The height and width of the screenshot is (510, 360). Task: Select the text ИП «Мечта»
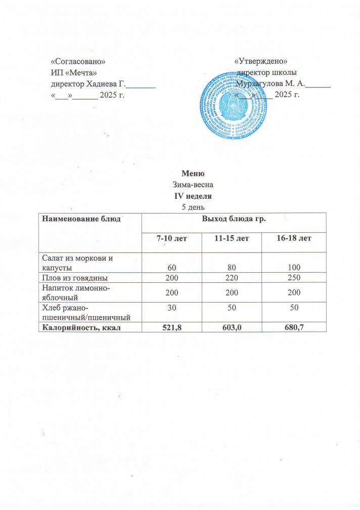(x=73, y=73)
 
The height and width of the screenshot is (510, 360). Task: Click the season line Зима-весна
(x=189, y=185)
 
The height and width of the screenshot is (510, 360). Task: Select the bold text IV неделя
(x=189, y=195)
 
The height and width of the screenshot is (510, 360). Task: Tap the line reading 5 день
(x=189, y=206)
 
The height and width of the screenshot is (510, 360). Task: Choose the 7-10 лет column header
(x=171, y=238)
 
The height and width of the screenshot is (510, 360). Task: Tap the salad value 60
(x=171, y=267)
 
